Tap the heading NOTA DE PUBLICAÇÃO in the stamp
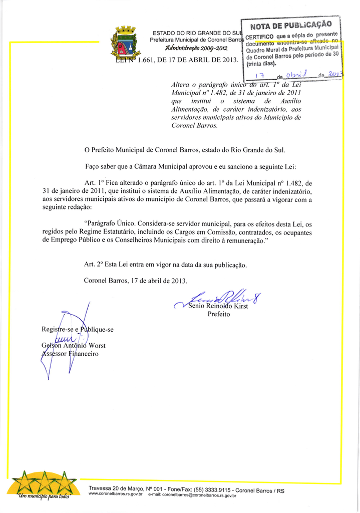(290, 25)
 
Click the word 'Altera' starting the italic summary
(182, 85)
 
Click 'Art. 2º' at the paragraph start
(95, 265)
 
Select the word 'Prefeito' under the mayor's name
(218, 314)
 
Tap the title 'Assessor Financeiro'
(70, 354)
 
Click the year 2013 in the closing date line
(179, 281)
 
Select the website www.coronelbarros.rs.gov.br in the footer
(116, 494)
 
